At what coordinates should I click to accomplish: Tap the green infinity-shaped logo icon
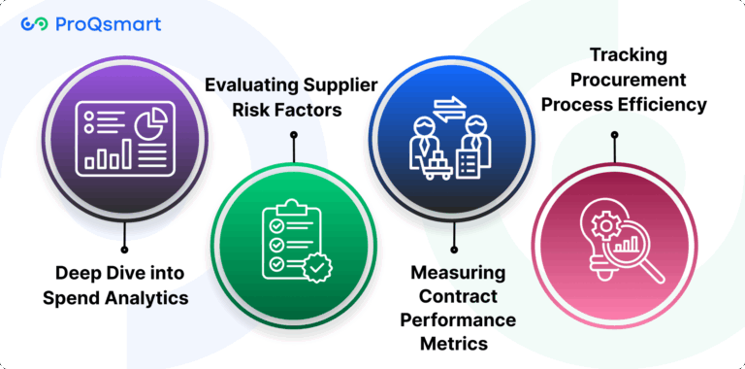coord(35,24)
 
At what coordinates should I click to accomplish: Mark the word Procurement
coord(624,79)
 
